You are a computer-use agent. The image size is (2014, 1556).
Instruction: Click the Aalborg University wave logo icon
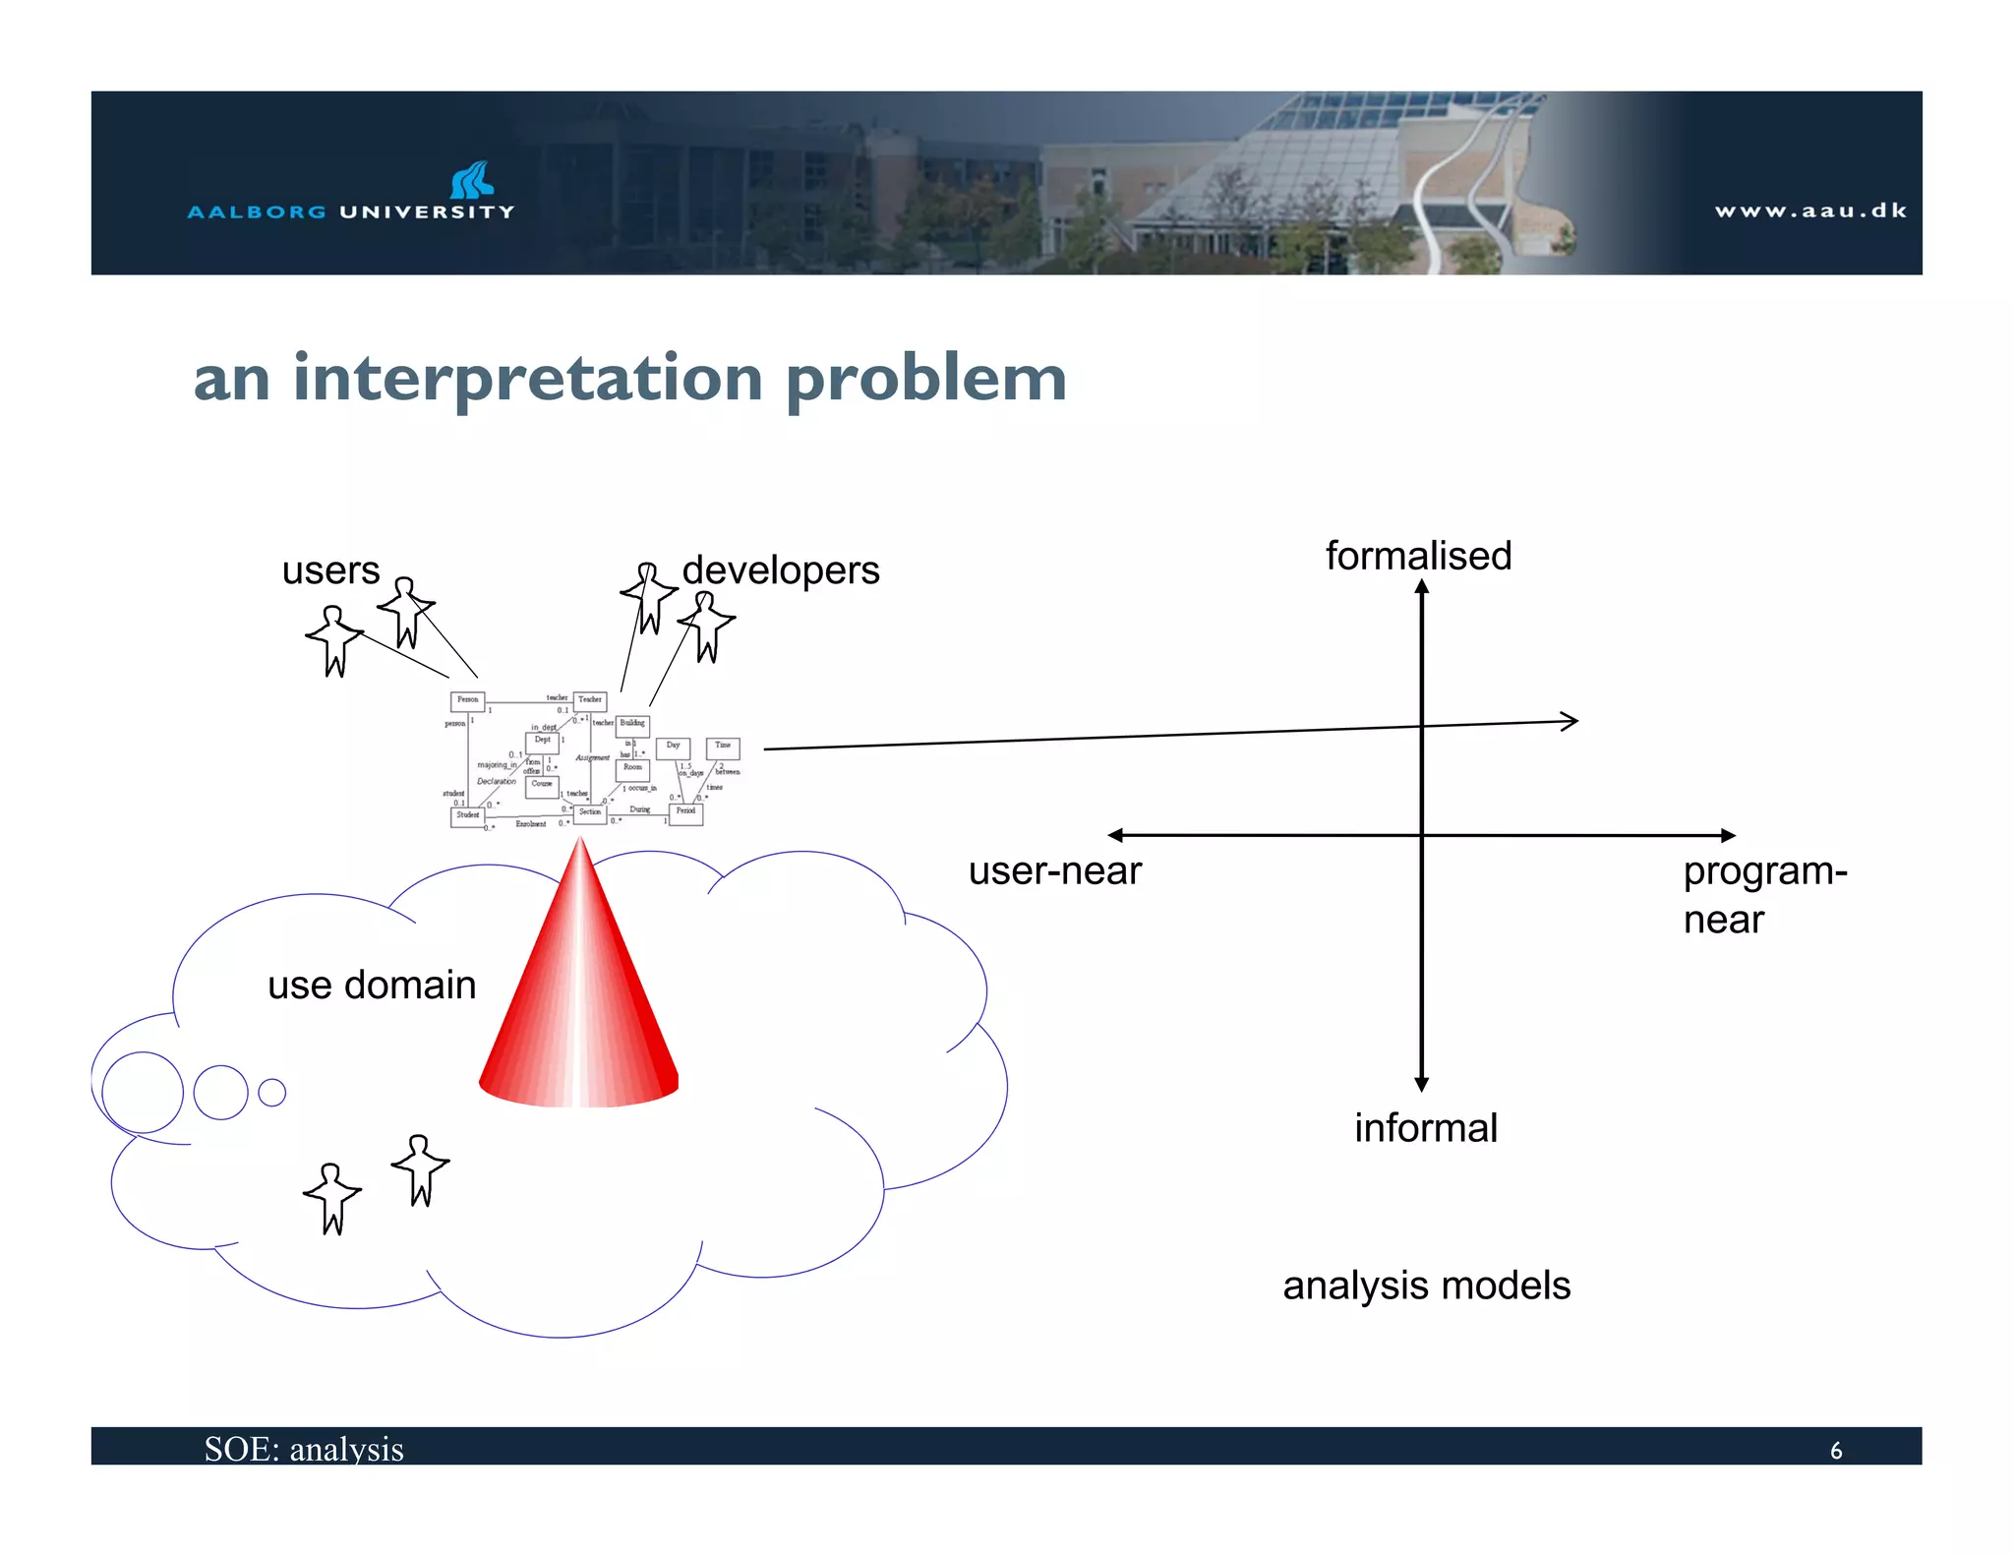point(471,180)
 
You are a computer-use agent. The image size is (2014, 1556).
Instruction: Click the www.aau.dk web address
point(1809,210)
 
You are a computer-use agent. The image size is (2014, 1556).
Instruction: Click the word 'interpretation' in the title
point(528,379)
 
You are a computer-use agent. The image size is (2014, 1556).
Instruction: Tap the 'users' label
point(330,570)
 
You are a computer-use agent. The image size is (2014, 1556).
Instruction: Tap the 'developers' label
point(781,570)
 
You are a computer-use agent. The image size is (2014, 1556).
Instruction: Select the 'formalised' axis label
point(1418,556)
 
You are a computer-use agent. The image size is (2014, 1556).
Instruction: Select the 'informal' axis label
point(1426,1128)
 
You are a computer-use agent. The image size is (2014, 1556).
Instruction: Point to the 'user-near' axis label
point(1054,871)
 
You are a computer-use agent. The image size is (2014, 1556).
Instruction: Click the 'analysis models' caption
point(1426,1286)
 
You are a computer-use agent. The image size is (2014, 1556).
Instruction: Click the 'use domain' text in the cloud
point(372,985)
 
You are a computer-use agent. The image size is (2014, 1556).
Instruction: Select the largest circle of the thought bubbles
point(143,1092)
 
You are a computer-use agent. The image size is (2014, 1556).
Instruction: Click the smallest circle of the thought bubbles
point(271,1093)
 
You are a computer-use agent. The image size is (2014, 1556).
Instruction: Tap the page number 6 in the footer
point(1835,1450)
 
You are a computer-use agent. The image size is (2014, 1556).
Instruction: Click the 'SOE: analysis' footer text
point(304,1449)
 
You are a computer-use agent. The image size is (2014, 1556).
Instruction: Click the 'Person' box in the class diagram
point(467,701)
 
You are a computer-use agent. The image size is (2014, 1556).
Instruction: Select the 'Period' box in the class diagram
point(685,812)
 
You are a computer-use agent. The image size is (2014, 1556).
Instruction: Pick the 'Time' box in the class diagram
point(723,748)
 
